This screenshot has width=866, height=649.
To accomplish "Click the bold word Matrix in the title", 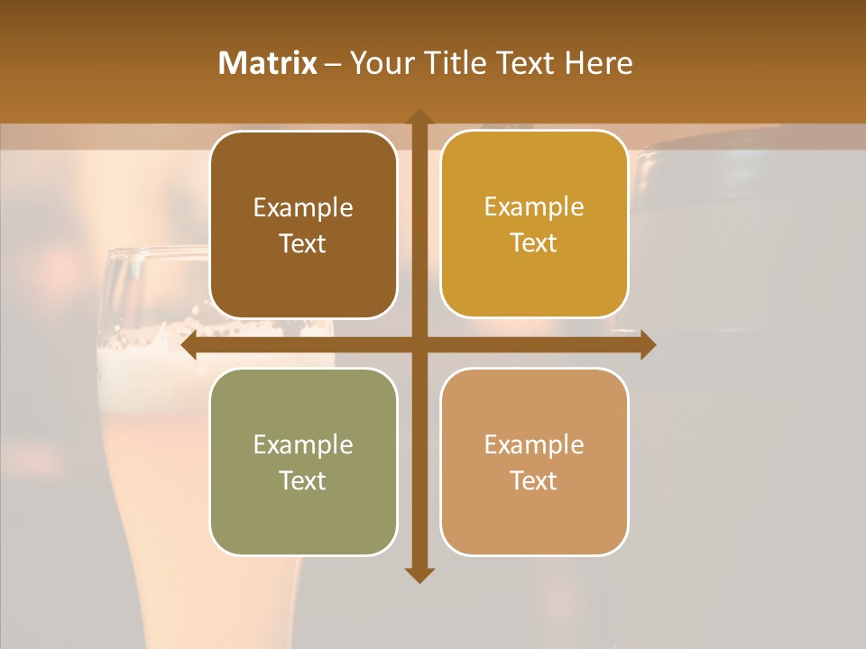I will [268, 63].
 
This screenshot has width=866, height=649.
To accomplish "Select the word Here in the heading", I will [598, 63].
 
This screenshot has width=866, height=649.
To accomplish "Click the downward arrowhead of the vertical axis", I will [418, 574].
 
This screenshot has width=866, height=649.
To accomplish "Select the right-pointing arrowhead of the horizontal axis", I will [647, 345].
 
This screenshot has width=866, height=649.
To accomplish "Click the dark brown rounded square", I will [303, 225].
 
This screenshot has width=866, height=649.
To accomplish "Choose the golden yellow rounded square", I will [534, 224].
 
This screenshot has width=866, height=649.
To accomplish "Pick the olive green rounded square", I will [303, 462].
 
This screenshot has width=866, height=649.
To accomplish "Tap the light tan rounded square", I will [534, 462].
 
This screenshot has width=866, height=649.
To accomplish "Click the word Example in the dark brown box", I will [303, 208].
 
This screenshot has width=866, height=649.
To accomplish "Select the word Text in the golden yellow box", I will [534, 243].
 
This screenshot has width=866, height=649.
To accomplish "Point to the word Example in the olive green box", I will [303, 445].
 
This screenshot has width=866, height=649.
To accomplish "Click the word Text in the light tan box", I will [534, 480].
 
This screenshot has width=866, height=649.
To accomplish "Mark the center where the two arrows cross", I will [419, 345].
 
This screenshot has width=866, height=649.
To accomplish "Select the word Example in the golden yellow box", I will [534, 207].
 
